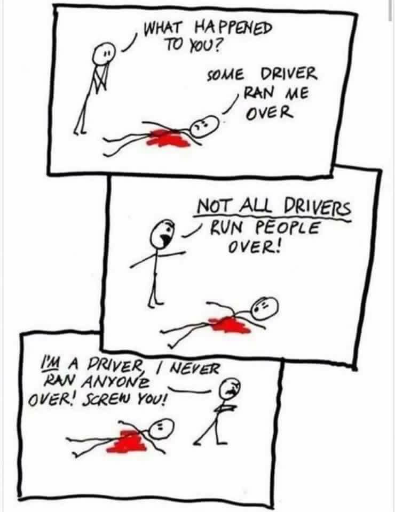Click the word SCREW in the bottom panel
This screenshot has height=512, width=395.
tap(105, 398)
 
